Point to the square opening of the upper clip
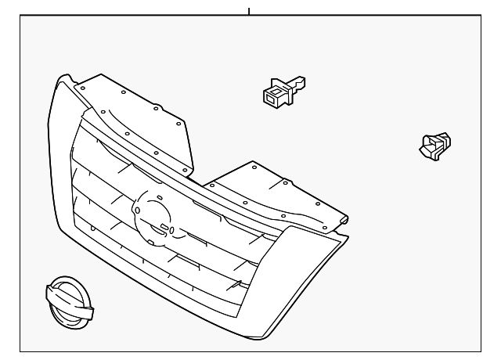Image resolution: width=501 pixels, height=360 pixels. pyautogui.click(x=274, y=96)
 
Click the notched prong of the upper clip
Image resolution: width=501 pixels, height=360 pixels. pyautogui.click(x=297, y=81)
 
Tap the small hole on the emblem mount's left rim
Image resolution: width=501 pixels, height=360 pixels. pyautogui.click(x=138, y=211)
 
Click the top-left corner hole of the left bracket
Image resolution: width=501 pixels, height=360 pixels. pyautogui.click(x=81, y=88)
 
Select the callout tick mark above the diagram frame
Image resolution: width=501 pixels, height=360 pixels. pyautogui.click(x=248, y=11)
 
